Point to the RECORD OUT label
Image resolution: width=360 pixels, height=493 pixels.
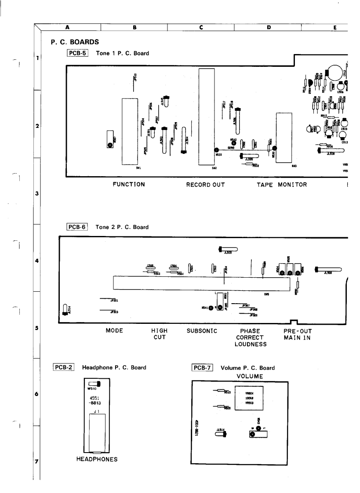pos(206,185)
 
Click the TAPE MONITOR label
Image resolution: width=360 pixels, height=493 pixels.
pos(282,185)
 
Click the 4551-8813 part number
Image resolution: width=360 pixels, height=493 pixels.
pos(95,401)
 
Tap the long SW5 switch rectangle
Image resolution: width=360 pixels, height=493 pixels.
pos(202,283)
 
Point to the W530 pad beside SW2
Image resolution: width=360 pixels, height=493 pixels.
pos(216,150)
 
